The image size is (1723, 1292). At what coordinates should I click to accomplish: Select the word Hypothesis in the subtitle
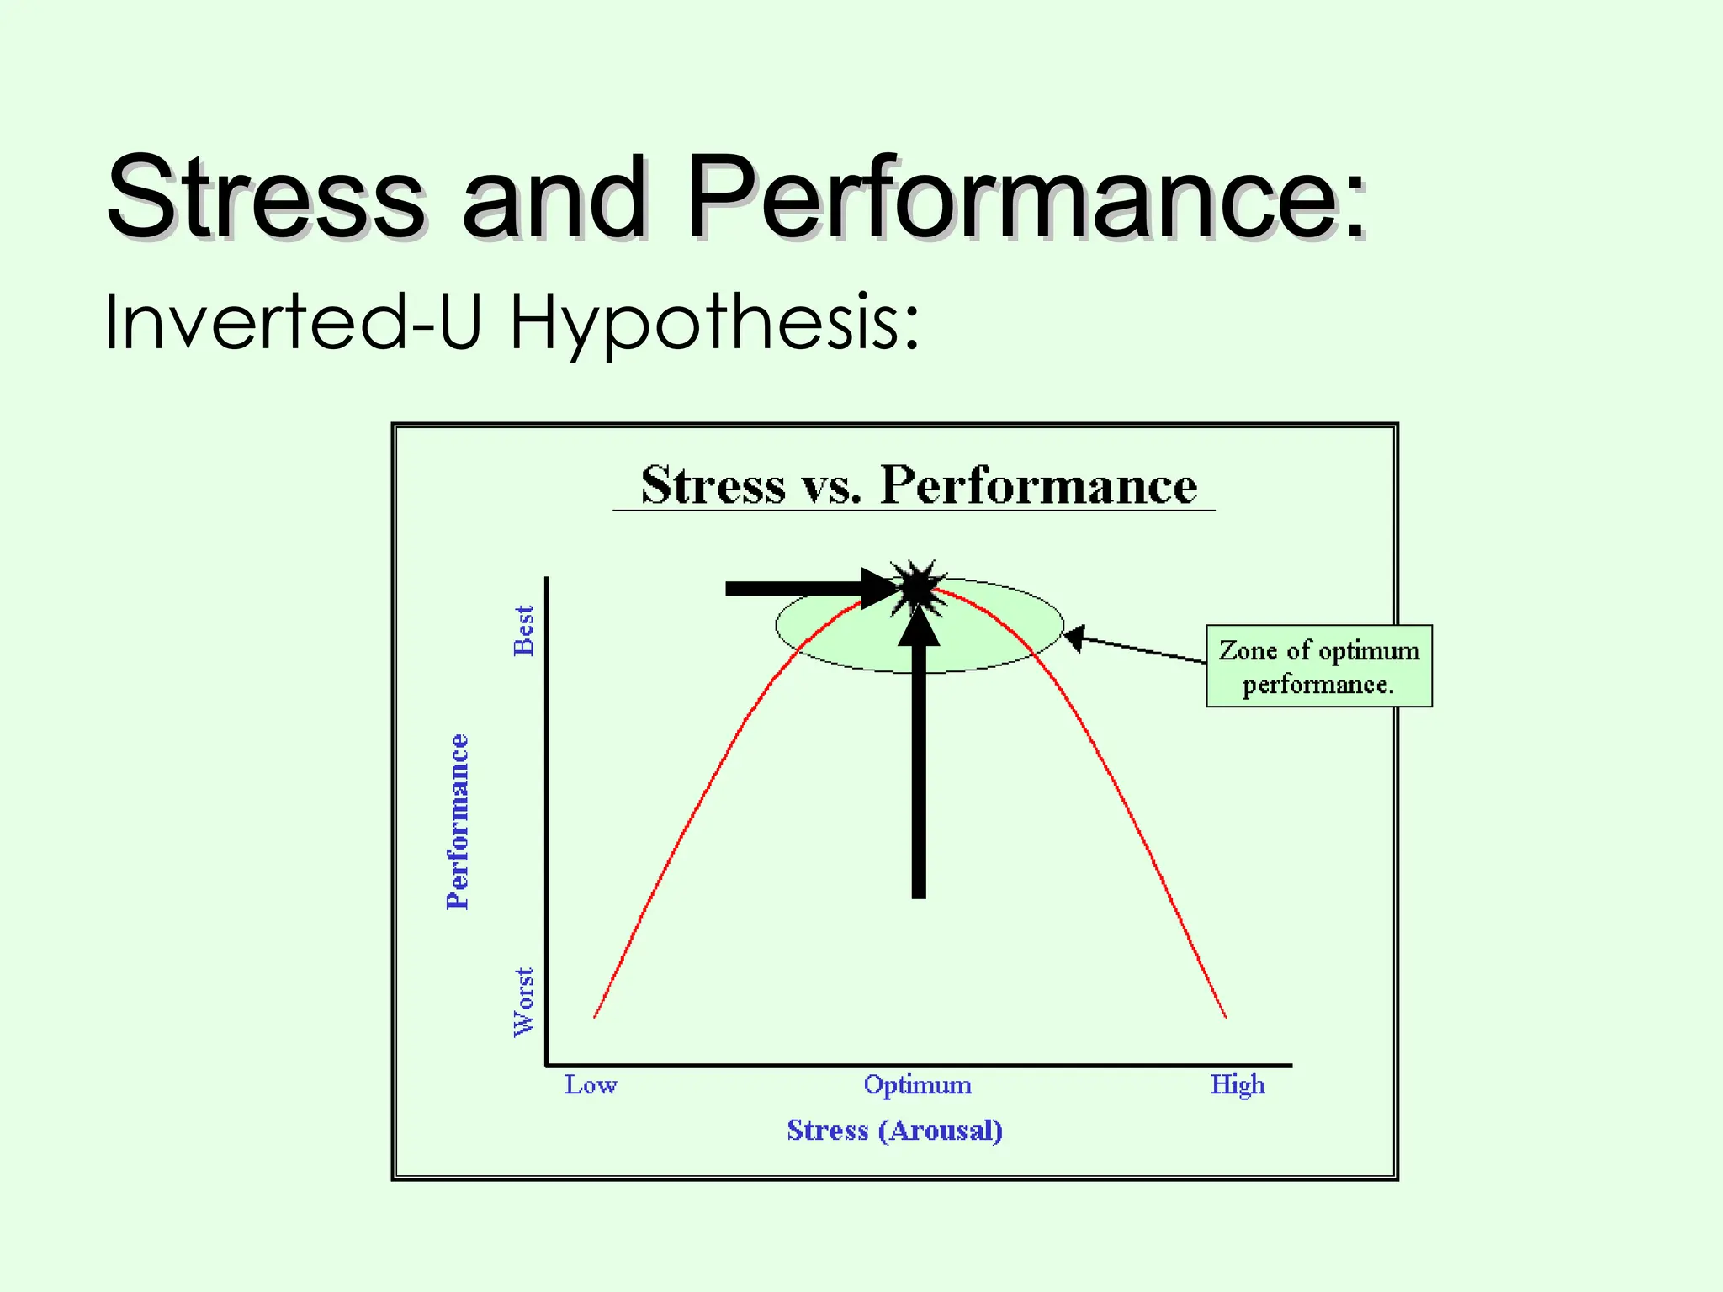pyautogui.click(x=715, y=324)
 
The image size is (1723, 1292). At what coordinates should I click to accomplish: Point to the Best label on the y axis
pyautogui.click(x=524, y=630)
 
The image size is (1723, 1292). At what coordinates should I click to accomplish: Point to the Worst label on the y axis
pyautogui.click(x=524, y=1002)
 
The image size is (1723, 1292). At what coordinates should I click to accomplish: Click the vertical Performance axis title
pyautogui.click(x=458, y=822)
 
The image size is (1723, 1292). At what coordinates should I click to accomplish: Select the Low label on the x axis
pyautogui.click(x=590, y=1085)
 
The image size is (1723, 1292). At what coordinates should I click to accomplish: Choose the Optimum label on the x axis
pyautogui.click(x=917, y=1085)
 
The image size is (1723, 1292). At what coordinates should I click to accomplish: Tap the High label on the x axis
pyautogui.click(x=1237, y=1085)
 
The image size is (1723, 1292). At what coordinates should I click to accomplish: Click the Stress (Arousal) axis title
pyautogui.click(x=894, y=1130)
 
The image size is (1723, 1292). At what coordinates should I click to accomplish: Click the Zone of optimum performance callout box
pyautogui.click(x=1318, y=666)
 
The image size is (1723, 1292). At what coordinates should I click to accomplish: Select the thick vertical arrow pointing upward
pyautogui.click(x=919, y=757)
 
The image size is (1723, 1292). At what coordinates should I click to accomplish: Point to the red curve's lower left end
pyautogui.click(x=596, y=1016)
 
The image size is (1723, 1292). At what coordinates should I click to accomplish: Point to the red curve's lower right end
pyautogui.click(x=1225, y=1016)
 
